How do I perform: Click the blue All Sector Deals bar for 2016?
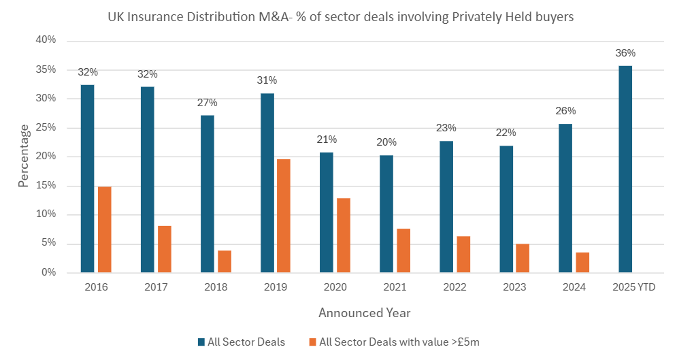coord(87,178)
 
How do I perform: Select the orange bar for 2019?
coord(284,216)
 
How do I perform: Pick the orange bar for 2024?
coord(582,262)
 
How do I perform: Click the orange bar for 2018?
coord(224,261)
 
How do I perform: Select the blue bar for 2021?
coord(386,214)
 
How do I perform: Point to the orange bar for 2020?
coord(344,235)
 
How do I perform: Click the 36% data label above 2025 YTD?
coord(625,53)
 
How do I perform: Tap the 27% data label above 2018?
coord(207,103)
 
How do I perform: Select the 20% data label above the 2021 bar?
coord(386,142)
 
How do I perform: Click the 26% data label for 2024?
coord(565,111)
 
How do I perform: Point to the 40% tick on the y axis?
coord(46,40)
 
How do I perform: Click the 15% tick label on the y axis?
coord(46,186)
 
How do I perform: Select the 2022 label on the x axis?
coord(455,287)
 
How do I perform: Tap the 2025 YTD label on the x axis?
coord(633,287)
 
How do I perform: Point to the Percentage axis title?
coord(24,156)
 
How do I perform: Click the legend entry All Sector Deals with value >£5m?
coord(399,342)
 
